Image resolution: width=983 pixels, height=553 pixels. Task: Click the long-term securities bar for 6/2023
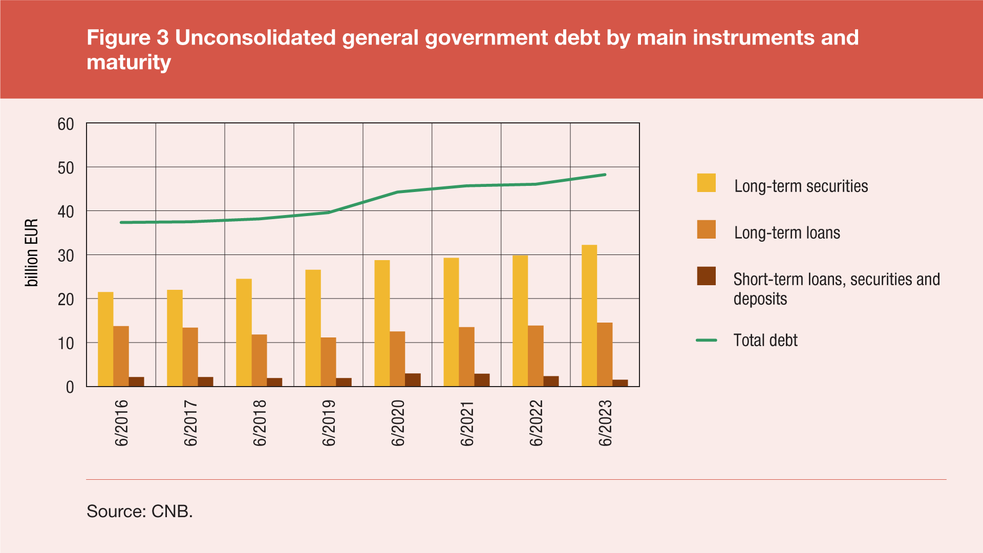(x=589, y=315)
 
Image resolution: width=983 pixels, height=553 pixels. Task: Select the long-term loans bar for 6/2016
(x=121, y=356)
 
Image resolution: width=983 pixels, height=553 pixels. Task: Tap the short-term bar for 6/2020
(x=413, y=380)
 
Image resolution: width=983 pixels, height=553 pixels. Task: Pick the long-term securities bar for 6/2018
(x=244, y=332)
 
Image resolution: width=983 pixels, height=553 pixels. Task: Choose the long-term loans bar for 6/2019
(x=328, y=361)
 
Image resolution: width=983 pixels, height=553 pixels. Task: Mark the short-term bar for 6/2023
(x=620, y=383)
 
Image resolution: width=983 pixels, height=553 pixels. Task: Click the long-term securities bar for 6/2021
(x=451, y=322)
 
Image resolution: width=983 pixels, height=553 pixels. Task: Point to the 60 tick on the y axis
(x=66, y=124)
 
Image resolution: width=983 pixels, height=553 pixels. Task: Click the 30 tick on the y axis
(x=66, y=256)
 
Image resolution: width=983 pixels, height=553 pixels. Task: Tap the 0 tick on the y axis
(x=70, y=387)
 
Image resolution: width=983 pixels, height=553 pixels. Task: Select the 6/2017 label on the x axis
(x=190, y=423)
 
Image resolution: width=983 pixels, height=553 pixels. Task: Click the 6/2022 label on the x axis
(x=536, y=423)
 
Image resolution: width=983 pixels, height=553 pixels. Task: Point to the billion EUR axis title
(x=32, y=252)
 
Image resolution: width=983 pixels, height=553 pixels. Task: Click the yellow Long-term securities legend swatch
(x=706, y=183)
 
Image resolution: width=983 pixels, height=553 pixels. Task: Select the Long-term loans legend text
(x=787, y=233)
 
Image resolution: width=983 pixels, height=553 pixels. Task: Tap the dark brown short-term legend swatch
(x=706, y=276)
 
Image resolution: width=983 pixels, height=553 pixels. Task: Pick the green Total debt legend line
(x=706, y=340)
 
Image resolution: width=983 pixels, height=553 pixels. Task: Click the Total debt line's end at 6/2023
(x=605, y=175)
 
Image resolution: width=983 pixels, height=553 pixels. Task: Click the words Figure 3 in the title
(x=127, y=38)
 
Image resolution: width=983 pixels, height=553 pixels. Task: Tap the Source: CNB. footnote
(x=140, y=511)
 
